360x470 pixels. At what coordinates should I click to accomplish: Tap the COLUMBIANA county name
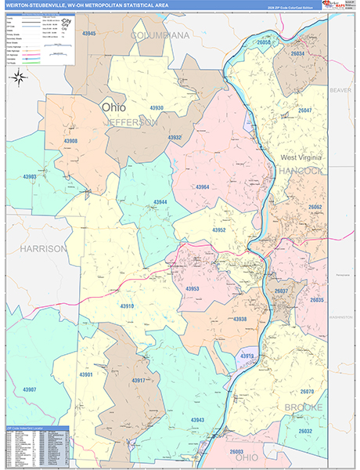pyautogui.click(x=160, y=36)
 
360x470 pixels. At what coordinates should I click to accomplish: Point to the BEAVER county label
pyautogui.click(x=340, y=90)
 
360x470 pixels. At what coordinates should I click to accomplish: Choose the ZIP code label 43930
pyautogui.click(x=157, y=108)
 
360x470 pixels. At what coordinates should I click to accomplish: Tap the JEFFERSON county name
pyautogui.click(x=131, y=123)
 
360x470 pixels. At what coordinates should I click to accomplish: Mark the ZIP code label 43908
pyautogui.click(x=70, y=141)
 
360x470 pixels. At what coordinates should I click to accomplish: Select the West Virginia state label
pyautogui.click(x=301, y=158)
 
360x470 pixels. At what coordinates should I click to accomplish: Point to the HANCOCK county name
pyautogui.click(x=302, y=171)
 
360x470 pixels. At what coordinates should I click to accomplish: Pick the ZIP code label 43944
pyautogui.click(x=160, y=202)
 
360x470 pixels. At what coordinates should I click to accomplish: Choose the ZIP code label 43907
pyautogui.click(x=30, y=389)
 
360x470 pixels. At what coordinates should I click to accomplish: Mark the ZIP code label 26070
pyautogui.click(x=307, y=391)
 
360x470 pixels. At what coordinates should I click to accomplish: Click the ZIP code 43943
pyautogui.click(x=196, y=421)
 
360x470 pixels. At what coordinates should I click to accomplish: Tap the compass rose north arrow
pyautogui.click(x=21, y=77)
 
